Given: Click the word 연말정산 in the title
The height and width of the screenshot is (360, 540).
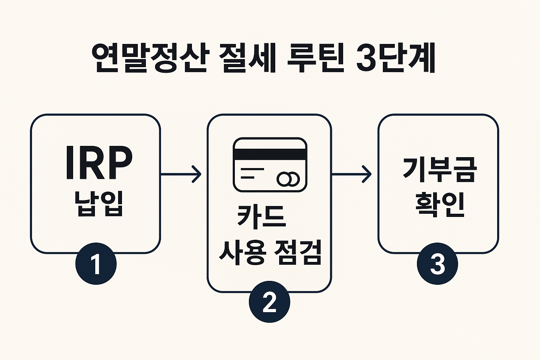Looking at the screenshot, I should click(150, 58).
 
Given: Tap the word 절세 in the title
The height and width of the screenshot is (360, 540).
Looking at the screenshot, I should click(247, 58).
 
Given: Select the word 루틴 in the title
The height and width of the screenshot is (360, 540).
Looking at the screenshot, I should click(315, 58).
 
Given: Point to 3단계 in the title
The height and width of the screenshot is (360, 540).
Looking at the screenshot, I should click(396, 58).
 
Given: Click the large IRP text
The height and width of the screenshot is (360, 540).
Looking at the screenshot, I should click(99, 163).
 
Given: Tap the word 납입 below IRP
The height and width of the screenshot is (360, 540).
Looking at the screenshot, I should click(99, 204).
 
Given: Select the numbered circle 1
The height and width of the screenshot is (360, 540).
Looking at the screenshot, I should click(96, 264).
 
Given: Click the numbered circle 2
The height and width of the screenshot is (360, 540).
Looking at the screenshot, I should click(269, 302).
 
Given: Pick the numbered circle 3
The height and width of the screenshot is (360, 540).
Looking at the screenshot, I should click(437, 264).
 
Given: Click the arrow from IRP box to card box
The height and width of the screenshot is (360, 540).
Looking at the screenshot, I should click(181, 174).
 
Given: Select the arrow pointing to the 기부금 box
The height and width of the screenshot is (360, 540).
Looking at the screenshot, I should click(352, 174).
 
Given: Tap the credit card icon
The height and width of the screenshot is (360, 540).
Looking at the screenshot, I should click(270, 165).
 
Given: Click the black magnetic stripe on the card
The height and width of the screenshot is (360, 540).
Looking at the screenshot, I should click(270, 154).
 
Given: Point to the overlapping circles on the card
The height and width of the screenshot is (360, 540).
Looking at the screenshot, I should click(288, 179).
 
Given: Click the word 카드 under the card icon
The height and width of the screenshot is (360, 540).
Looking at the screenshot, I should click(262, 216).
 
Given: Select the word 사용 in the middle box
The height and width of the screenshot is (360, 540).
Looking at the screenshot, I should click(242, 252).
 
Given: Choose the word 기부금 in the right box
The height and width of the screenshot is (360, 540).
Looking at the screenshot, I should click(439, 170).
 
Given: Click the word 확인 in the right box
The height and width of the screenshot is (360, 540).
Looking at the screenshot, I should click(439, 204).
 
